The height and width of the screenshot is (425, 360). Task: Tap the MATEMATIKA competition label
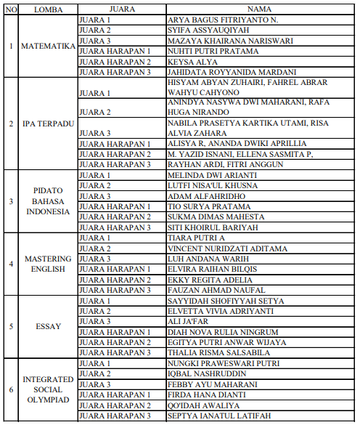pos(49,46)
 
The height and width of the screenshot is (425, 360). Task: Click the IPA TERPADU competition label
pos(49,124)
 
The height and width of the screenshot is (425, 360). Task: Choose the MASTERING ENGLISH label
pos(48,264)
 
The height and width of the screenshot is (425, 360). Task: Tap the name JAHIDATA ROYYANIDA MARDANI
pos(232,72)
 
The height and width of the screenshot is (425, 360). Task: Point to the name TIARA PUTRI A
pos(196,238)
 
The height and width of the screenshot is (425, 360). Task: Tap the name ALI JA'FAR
pos(188,322)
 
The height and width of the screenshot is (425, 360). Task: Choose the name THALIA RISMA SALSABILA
pos(220,353)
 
